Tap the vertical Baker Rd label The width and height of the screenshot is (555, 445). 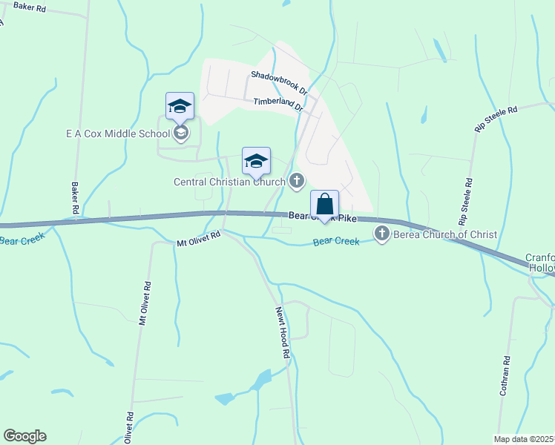coord(75,199)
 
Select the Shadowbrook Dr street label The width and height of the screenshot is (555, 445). coord(277,79)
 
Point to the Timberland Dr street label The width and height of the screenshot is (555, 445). coord(278,103)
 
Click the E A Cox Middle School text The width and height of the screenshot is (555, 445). coord(117,133)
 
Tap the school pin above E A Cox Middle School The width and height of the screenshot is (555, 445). coord(180,107)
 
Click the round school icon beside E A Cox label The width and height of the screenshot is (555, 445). coord(181,133)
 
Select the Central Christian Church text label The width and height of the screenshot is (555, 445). coord(229,181)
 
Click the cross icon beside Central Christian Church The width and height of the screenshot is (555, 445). coord(297,180)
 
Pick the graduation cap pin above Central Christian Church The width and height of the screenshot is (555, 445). coord(256,161)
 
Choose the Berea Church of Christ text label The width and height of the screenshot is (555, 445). coord(444,234)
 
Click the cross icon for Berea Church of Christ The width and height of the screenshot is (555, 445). coord(382,234)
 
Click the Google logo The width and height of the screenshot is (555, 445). coord(24,436)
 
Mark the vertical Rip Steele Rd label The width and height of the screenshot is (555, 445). coord(466,202)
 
